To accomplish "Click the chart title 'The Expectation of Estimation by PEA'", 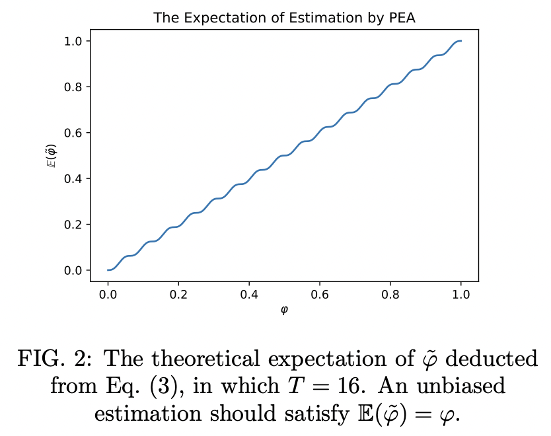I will coord(284,18).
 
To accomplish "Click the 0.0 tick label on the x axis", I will coord(108,293).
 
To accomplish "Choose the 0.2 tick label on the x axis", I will coord(178,293).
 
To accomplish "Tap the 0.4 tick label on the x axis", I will coord(249,293).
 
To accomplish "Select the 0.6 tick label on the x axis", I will coord(320,293).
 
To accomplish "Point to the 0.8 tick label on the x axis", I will coord(390,293).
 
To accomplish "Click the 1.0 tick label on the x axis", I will coord(461,293).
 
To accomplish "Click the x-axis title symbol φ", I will coord(284,310).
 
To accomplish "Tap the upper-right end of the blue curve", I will coord(460,41).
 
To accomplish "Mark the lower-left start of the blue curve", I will coord(108,270).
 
